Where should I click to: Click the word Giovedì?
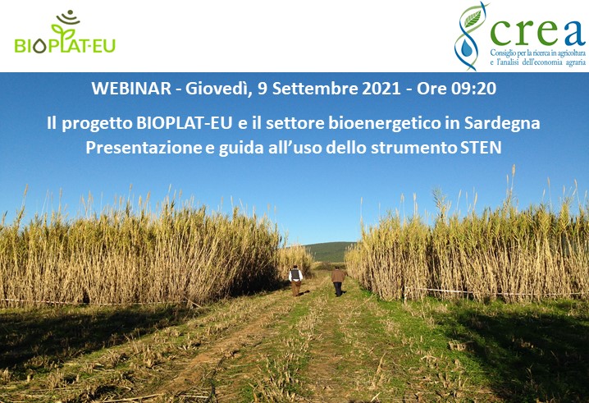[216, 87]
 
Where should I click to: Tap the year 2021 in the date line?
[374, 87]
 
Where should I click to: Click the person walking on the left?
[295, 280]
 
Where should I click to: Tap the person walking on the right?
[338, 282]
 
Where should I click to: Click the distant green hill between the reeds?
[328, 250]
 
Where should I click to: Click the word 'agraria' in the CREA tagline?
[568, 62]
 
